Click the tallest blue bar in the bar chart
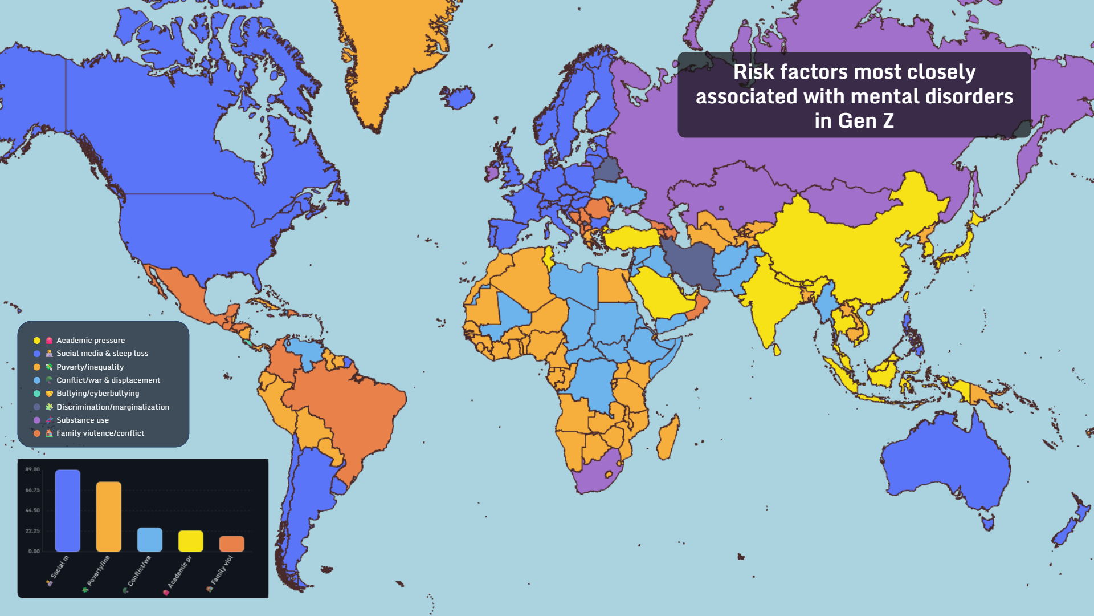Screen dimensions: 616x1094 click(x=68, y=510)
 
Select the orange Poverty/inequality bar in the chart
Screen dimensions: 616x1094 click(x=109, y=516)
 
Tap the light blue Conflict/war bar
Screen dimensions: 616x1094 click(x=150, y=540)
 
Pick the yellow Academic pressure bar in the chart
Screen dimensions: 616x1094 click(x=191, y=541)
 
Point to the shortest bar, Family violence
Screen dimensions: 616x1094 click(x=232, y=544)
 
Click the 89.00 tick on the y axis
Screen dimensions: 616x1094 click(x=32, y=469)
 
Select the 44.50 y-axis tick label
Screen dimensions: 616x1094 click(x=32, y=510)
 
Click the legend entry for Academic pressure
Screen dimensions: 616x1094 click(x=90, y=341)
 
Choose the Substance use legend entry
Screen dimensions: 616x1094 click(x=82, y=420)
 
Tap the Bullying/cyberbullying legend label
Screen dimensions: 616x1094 click(x=97, y=394)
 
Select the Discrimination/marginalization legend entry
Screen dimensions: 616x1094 click(x=112, y=407)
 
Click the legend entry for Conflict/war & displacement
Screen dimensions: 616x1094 click(x=108, y=380)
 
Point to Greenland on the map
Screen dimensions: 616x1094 click(x=393, y=51)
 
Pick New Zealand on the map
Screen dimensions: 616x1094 click(x=1071, y=522)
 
